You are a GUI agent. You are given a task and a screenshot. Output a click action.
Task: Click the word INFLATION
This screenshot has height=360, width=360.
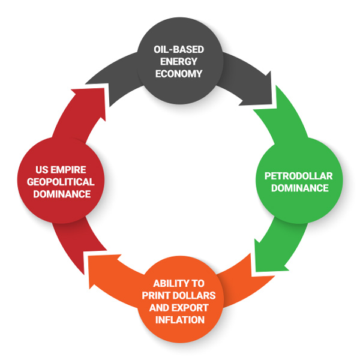[179, 319]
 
